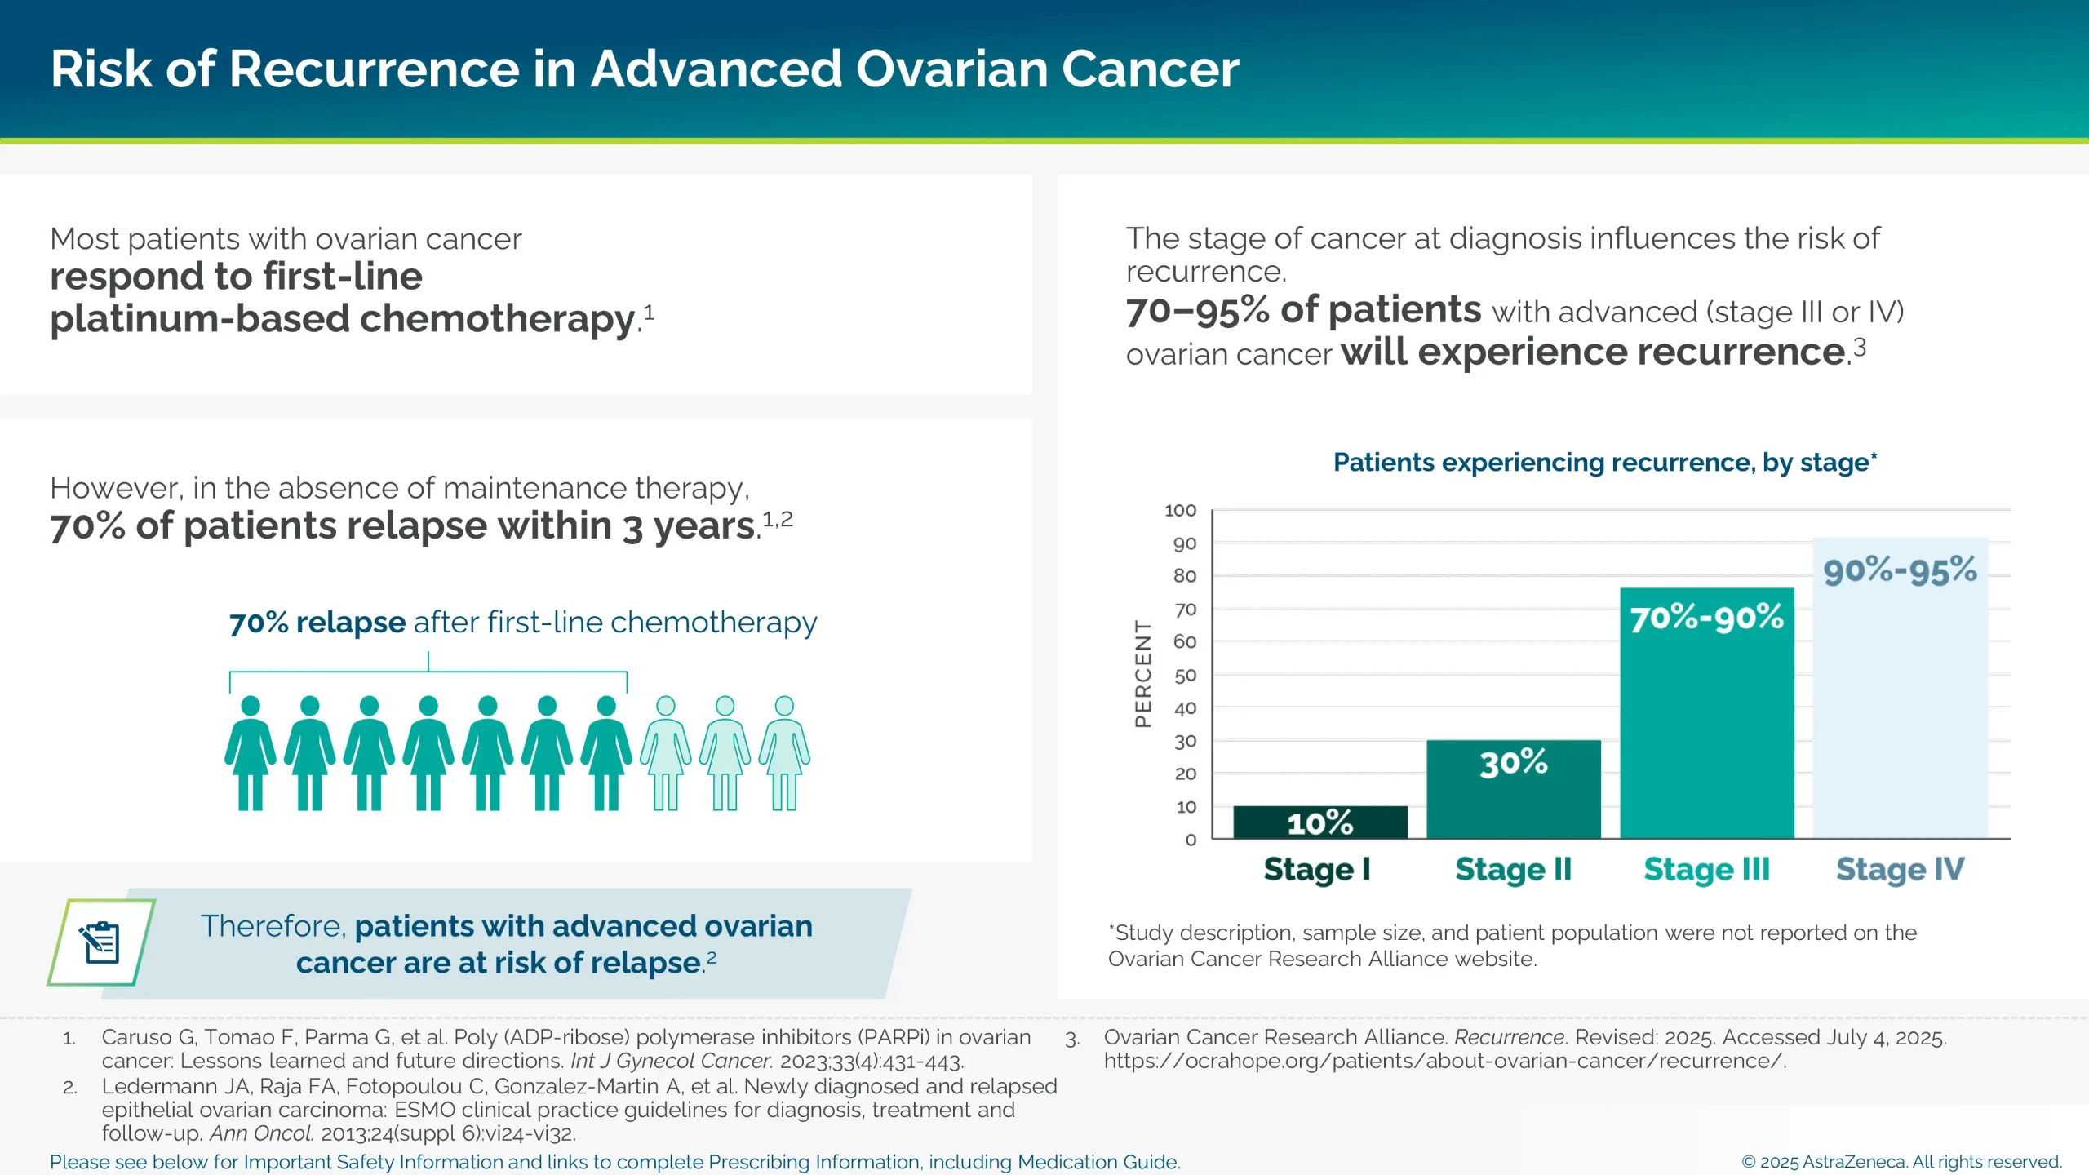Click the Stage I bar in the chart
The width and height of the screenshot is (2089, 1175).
[x=1319, y=822]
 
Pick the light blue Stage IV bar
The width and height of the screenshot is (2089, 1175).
[x=1900, y=694]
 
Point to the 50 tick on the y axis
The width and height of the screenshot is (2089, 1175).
[x=1185, y=676]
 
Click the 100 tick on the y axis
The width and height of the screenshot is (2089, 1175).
[x=1180, y=511]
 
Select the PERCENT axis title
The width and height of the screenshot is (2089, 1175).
[x=1142, y=674]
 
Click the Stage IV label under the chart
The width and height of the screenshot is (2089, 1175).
[x=1900, y=869]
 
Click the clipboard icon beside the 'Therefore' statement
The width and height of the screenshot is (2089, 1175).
[x=101, y=942]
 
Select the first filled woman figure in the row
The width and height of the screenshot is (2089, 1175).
[x=251, y=752]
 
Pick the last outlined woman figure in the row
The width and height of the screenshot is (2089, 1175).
[x=784, y=752]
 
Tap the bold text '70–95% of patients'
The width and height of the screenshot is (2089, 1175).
[x=1303, y=310]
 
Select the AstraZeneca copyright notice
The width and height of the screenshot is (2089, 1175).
[x=1901, y=1162]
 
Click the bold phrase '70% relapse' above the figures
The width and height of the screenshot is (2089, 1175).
[x=317, y=623]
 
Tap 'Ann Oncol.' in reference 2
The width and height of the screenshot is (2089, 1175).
[x=261, y=1133]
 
